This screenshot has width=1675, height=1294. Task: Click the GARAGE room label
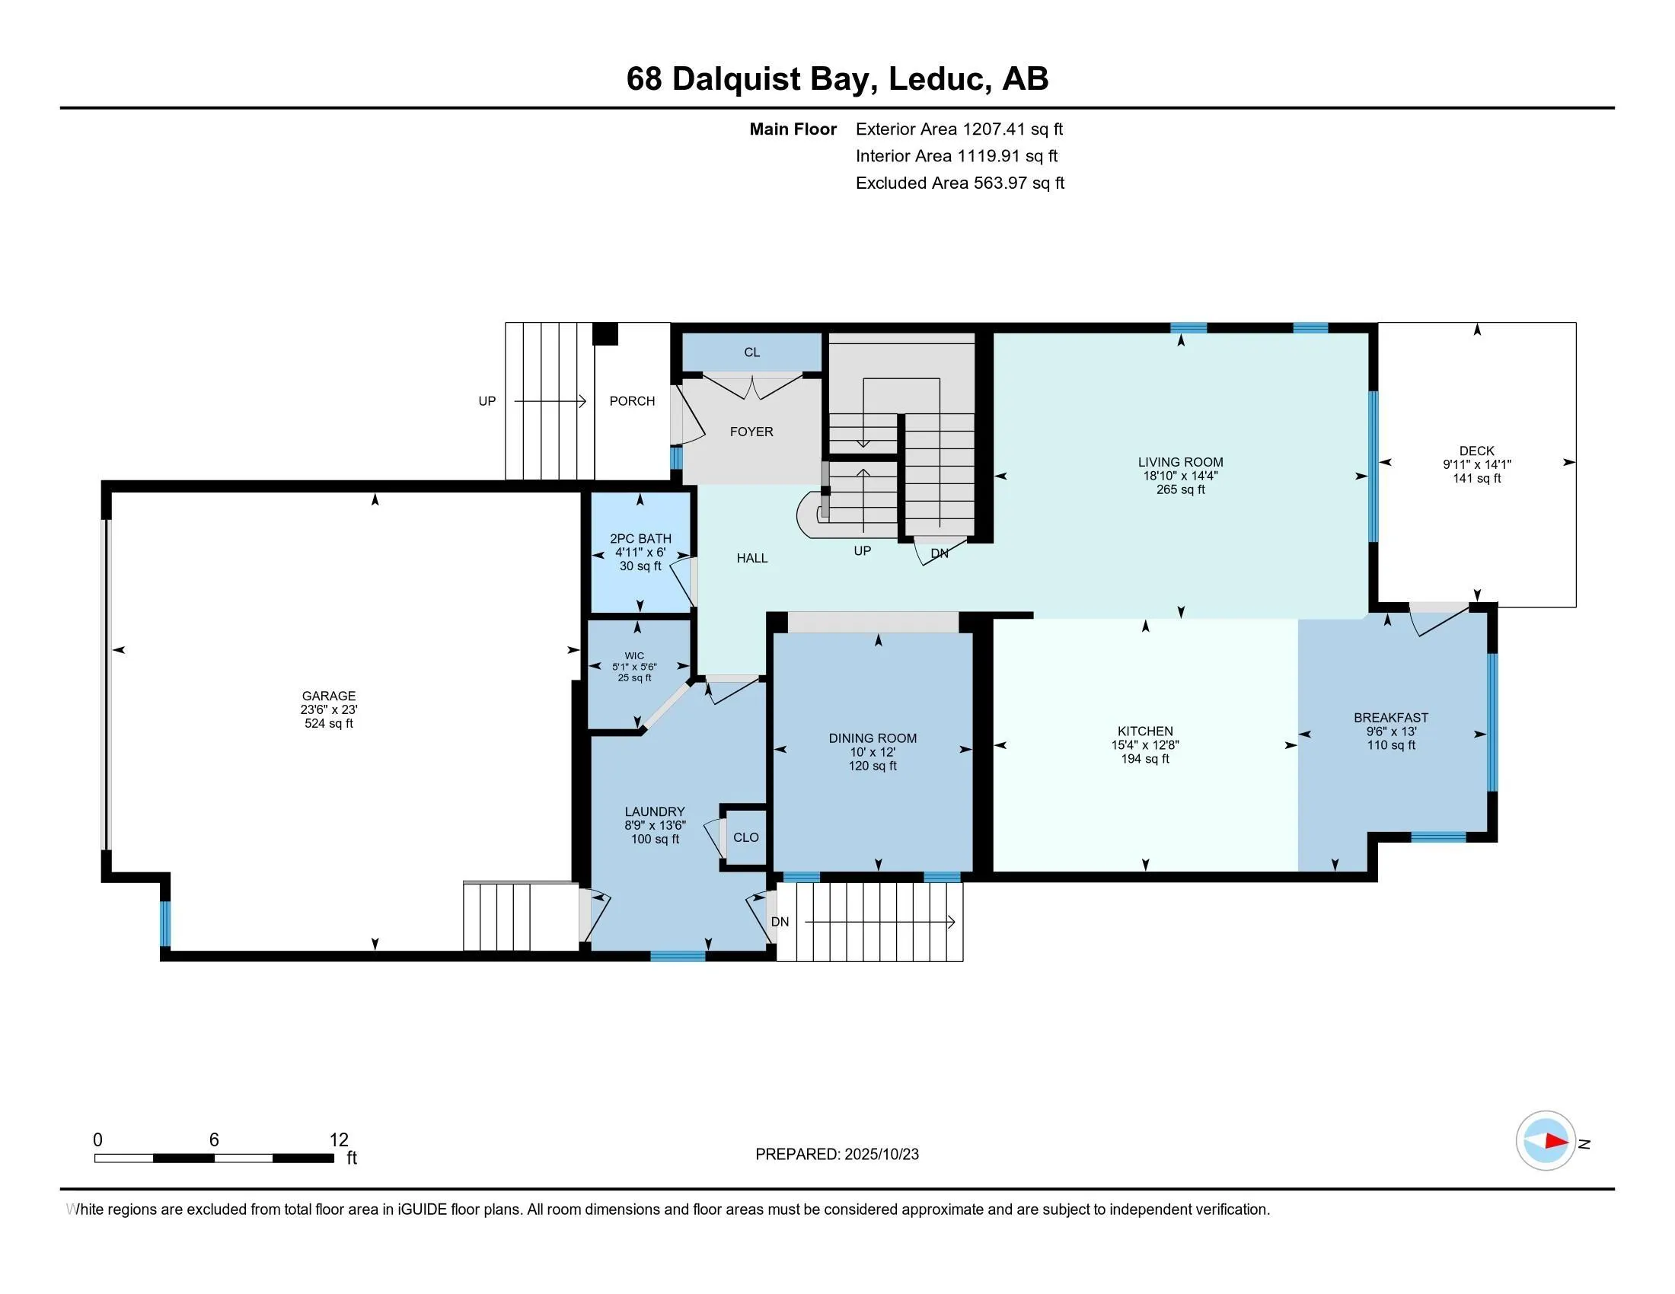click(328, 696)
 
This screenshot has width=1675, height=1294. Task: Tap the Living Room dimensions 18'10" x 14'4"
click(1180, 475)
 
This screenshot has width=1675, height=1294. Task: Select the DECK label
click(1476, 451)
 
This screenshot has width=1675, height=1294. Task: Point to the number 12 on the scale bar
click(339, 1140)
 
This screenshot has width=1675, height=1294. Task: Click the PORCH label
click(632, 401)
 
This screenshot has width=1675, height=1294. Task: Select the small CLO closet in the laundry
click(745, 837)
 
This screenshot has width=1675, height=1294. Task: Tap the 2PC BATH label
click(640, 539)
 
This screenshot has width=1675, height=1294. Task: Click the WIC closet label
click(634, 655)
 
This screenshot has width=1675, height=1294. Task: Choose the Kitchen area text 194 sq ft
click(1145, 759)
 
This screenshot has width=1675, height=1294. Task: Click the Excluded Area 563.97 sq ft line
click(959, 183)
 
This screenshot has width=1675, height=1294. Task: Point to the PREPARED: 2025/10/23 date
click(837, 1155)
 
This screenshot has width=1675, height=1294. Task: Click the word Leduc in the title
click(936, 79)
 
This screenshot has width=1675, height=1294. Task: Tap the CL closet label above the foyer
click(751, 352)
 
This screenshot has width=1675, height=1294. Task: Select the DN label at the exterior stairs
click(780, 922)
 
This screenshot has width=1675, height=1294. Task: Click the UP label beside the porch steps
click(487, 401)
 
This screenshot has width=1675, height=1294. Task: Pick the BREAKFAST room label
click(1390, 718)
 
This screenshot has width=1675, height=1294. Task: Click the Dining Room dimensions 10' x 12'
click(873, 752)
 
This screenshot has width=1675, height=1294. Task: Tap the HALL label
click(751, 558)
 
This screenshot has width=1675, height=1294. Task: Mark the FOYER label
click(751, 432)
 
